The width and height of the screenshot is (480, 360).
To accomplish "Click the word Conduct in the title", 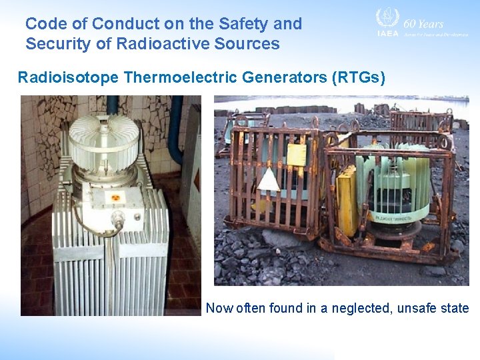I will click(x=119, y=24).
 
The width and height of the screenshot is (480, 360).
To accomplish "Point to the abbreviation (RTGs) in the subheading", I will click(x=358, y=77).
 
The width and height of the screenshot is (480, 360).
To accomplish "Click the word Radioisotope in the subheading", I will click(x=67, y=77).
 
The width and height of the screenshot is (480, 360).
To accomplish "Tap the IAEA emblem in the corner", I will click(x=387, y=20).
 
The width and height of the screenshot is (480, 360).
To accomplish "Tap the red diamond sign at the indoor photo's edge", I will click(x=196, y=181).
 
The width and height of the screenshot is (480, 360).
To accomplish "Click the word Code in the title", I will click(x=45, y=24).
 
